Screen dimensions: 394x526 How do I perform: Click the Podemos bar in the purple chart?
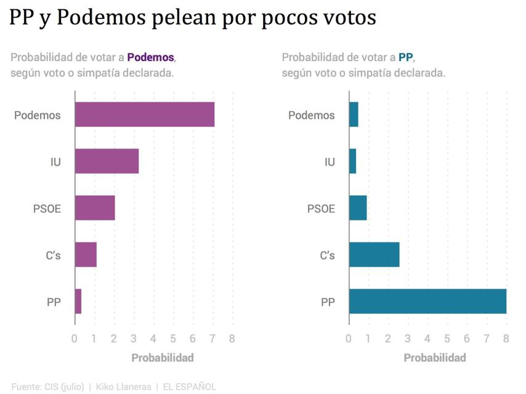coord(145,115)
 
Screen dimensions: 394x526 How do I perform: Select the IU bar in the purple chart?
coord(107,161)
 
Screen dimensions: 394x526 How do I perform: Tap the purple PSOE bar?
coord(95,208)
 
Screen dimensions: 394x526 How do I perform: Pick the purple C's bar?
coord(86,254)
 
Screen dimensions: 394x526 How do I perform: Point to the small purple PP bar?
coord(78,301)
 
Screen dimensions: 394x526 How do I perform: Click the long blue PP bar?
coord(427,301)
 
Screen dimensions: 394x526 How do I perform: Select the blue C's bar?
coord(374,254)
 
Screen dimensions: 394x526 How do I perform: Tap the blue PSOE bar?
coord(358,208)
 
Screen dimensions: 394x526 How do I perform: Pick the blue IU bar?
coord(352,161)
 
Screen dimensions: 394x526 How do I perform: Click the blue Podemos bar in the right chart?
coord(354,115)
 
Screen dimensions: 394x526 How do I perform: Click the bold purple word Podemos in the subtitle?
coord(151,57)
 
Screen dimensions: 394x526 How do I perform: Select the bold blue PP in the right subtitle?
coord(405,57)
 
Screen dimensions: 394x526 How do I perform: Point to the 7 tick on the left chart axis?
coord(212,339)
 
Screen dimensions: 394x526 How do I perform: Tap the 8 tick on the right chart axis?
coord(506,339)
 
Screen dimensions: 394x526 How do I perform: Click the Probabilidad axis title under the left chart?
coord(163,358)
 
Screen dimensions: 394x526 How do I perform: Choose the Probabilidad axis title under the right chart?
coord(435,358)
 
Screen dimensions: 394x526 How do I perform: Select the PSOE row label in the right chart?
coord(321,209)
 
